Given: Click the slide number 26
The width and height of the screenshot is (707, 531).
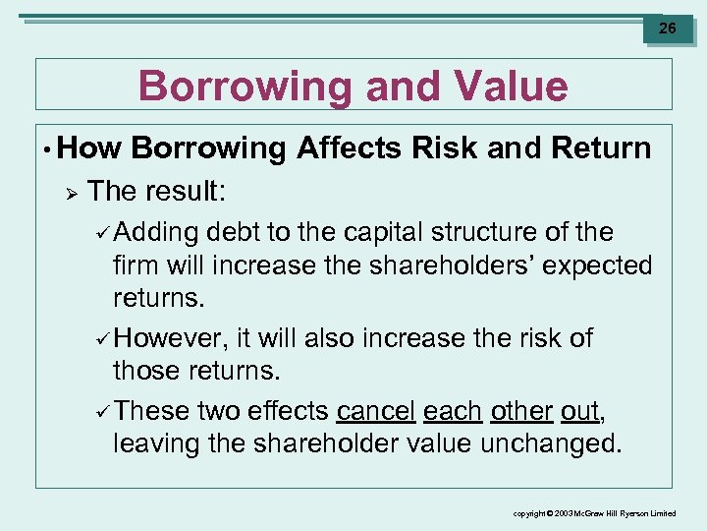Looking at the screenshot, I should (667, 29).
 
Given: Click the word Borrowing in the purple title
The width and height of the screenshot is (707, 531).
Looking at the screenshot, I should (244, 87).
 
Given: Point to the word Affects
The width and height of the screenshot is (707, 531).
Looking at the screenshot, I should (349, 148).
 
